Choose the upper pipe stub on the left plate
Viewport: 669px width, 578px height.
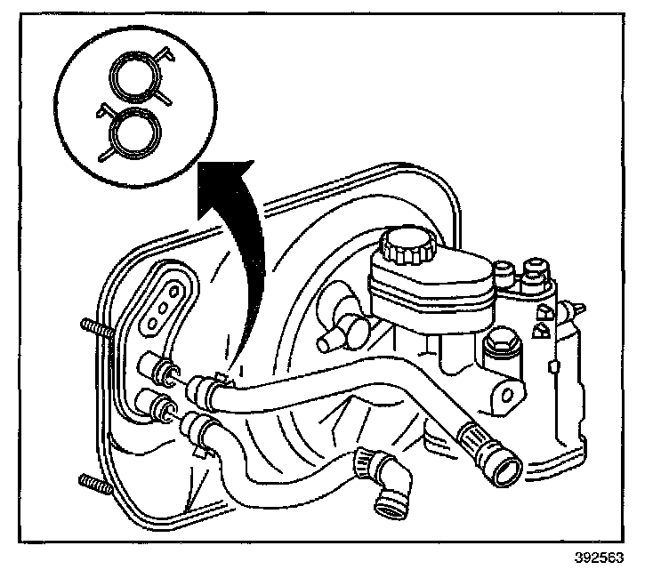153,365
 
